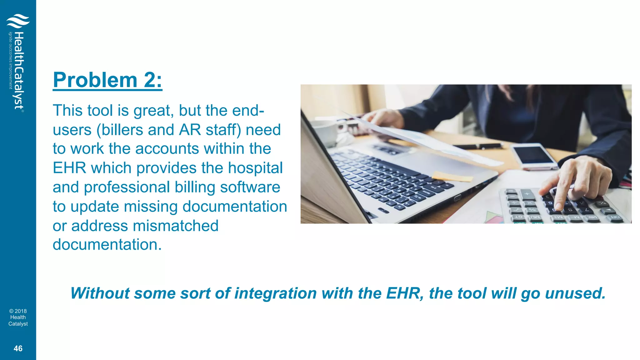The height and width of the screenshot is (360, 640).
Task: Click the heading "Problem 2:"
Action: pyautogui.click(x=107, y=80)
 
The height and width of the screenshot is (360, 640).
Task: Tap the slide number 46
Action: pyautogui.click(x=18, y=348)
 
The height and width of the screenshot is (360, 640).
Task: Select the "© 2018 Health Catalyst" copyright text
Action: pyautogui.click(x=18, y=317)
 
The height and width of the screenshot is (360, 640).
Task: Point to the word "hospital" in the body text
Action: pyautogui.click(x=255, y=168)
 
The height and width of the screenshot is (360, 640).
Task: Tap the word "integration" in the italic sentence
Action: pyautogui.click(x=276, y=293)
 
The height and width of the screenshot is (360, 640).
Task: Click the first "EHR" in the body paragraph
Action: pyautogui.click(x=69, y=168)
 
